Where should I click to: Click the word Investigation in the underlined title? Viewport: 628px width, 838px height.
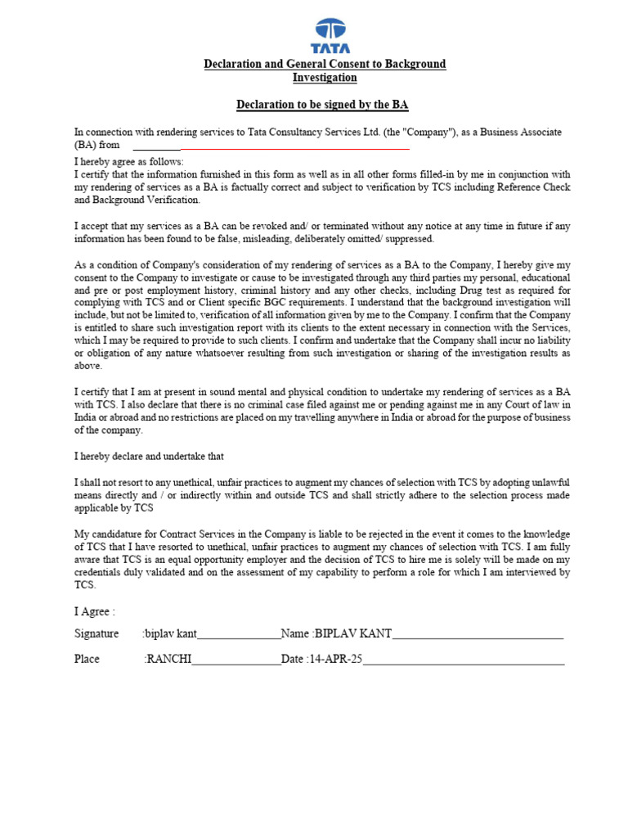point(325,78)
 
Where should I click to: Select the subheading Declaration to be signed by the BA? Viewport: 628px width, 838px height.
point(322,105)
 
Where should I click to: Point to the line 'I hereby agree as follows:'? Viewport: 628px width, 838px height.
point(129,162)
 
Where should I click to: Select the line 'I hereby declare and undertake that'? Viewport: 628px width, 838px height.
point(149,456)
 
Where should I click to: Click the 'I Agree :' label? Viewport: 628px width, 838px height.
point(95,611)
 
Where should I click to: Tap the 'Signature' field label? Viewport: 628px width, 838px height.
point(96,633)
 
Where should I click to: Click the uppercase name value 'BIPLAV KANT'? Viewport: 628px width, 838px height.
point(353,633)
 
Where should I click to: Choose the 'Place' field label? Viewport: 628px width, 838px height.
point(87,659)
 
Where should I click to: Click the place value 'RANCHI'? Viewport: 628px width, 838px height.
point(168,659)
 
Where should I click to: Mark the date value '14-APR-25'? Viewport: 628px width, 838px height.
point(336,659)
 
